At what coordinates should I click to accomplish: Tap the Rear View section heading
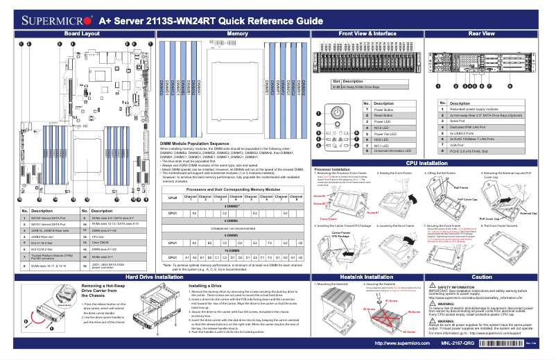click(482, 33)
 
